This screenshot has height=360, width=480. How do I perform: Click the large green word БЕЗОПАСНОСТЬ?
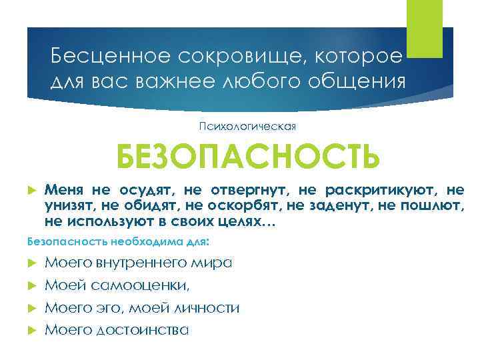247,157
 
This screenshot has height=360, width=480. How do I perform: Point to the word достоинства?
143,329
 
